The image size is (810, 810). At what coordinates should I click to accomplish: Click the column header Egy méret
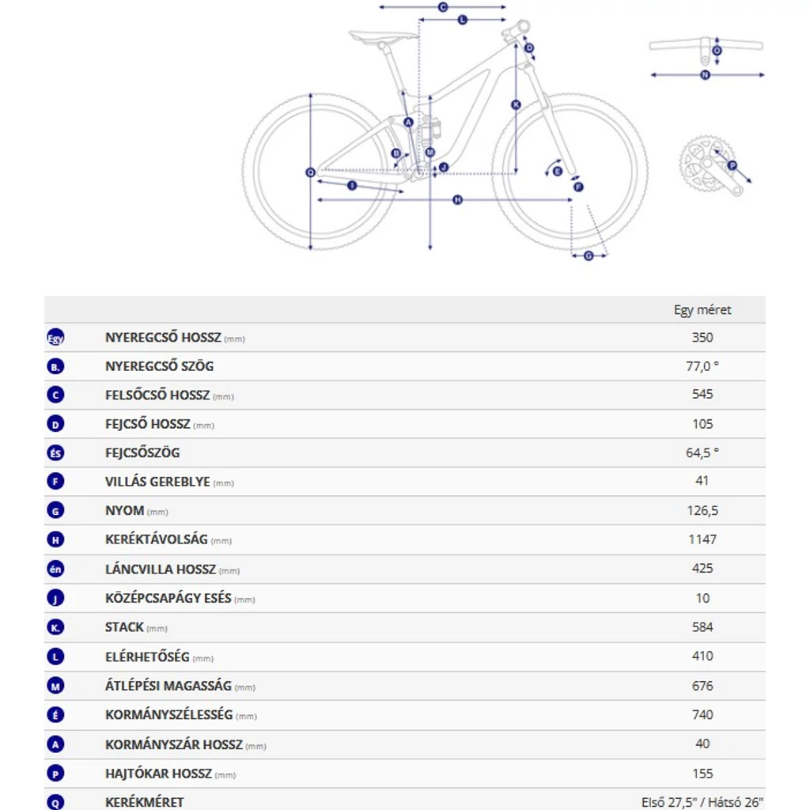point(702,310)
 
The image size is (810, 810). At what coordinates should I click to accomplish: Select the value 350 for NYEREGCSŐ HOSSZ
point(702,338)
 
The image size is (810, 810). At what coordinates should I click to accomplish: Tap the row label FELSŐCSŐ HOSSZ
point(157,395)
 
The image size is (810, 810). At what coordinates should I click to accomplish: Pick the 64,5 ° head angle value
point(702,452)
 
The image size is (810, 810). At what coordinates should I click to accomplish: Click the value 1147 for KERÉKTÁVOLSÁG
point(702,539)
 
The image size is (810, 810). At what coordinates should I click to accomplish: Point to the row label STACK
point(124,627)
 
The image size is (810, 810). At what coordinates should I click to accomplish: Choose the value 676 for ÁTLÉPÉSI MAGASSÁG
point(702,686)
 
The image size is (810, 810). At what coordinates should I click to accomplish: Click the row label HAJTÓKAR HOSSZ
point(158,774)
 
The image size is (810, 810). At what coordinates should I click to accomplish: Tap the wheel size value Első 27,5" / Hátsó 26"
point(702,802)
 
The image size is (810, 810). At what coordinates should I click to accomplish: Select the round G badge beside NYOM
point(55,511)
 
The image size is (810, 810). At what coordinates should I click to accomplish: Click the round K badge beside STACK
point(55,628)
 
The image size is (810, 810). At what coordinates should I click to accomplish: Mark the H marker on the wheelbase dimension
point(457,200)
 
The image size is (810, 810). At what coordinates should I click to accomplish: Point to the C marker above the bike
point(443,7)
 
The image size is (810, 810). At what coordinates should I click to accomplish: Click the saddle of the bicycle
point(384,36)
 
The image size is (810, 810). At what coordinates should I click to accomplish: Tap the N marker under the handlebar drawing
point(705,75)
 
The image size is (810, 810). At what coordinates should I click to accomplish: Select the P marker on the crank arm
point(732,165)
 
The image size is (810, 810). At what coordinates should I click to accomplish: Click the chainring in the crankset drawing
point(700,163)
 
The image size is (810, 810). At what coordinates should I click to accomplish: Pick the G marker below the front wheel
point(589,255)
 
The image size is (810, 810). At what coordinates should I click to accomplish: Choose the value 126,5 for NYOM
point(702,511)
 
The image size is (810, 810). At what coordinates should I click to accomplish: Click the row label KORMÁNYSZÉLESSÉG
point(168,715)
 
